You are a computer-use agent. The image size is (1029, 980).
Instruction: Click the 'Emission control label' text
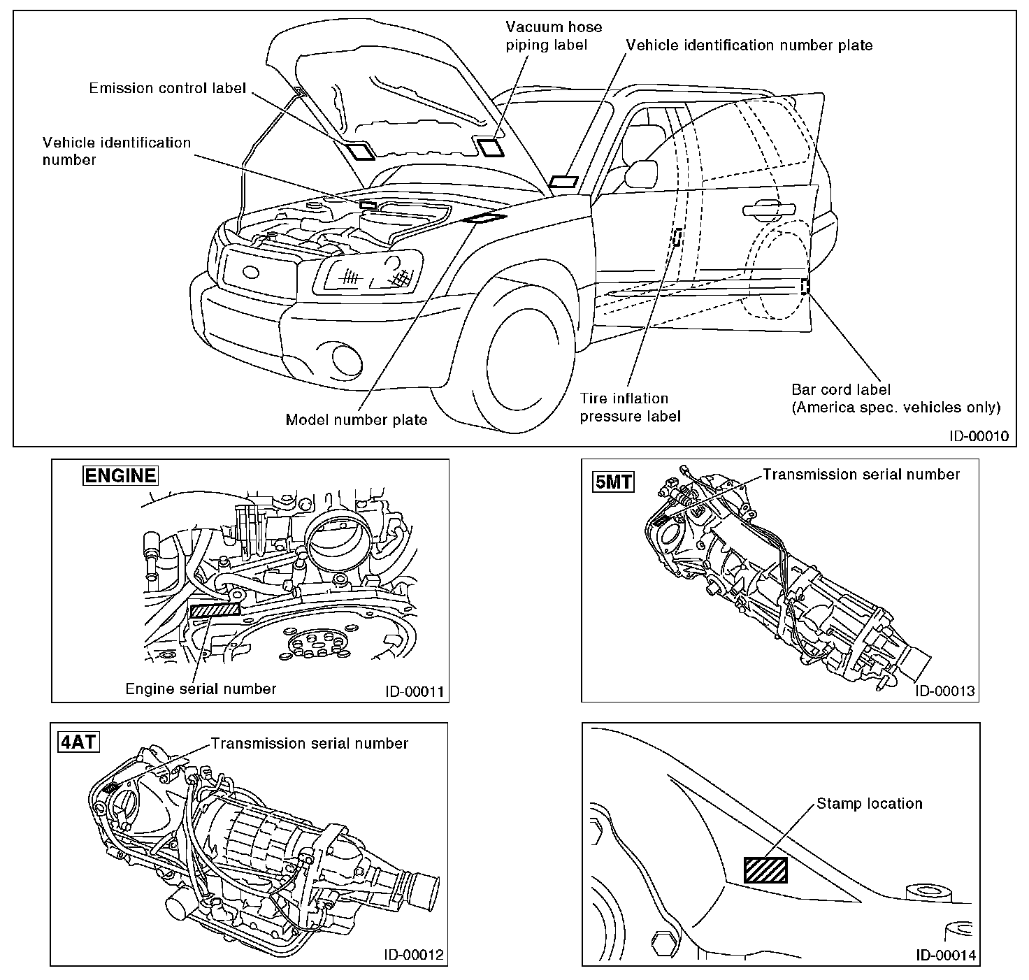coord(167,89)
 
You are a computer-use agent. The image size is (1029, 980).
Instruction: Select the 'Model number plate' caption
coord(357,420)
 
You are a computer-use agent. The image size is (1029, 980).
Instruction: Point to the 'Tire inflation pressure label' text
coord(629,408)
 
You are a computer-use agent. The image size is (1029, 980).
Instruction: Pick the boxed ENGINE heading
coord(120,476)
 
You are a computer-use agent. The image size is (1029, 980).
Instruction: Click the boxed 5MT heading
coord(613,482)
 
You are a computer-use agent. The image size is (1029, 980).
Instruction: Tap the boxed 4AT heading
coord(78,742)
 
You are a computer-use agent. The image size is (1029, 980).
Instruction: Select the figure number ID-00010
coord(979,435)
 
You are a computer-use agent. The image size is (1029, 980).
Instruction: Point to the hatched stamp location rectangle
coord(765,870)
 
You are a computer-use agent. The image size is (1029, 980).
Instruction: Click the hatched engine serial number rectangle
coord(215,609)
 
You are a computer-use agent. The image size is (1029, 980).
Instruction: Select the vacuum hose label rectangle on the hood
coord(490,147)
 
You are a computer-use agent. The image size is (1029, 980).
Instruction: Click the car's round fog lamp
coord(347,359)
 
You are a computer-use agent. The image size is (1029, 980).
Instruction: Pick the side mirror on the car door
coord(642,173)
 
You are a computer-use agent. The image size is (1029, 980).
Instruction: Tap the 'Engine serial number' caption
coord(201,689)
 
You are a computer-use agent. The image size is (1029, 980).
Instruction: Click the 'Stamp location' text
coord(869,804)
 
